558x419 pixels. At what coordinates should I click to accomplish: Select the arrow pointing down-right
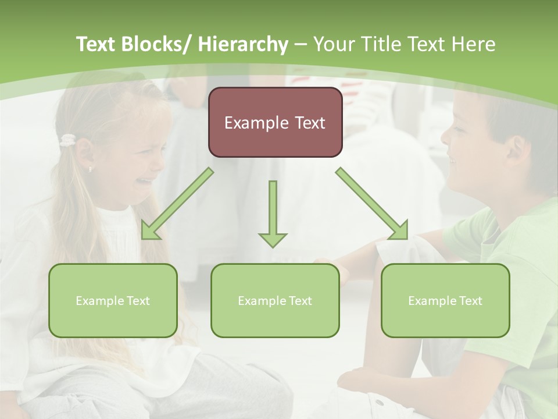(x=373, y=204)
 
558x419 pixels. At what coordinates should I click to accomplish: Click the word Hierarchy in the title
(x=243, y=44)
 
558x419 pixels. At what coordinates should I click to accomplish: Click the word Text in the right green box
(x=470, y=301)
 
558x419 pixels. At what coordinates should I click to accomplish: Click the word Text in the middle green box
(x=300, y=301)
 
